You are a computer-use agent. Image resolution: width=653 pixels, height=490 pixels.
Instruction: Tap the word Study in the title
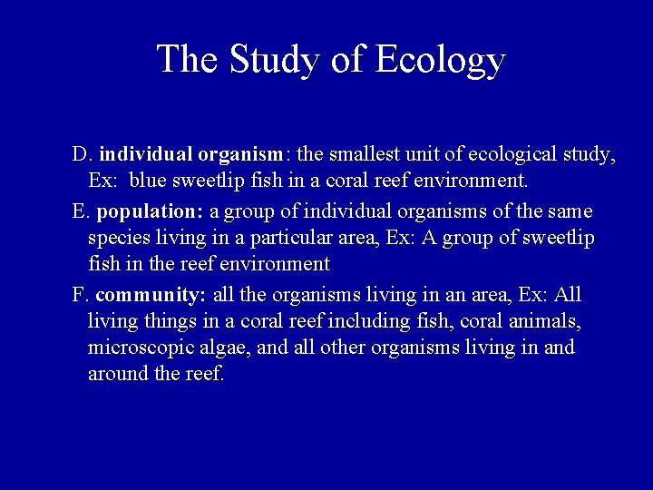coord(271,60)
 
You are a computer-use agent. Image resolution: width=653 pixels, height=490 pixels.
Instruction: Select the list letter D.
coord(81,155)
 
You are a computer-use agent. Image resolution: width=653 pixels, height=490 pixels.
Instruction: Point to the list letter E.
coord(80,212)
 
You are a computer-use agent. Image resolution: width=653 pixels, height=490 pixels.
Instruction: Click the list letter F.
coord(79,296)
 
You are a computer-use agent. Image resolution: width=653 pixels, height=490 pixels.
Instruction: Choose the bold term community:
coord(151,296)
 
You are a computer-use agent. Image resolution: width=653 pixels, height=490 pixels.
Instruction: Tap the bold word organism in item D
coord(238,155)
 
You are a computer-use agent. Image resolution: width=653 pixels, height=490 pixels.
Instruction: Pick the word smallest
coord(382,155)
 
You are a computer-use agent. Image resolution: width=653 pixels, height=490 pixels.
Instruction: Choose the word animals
coord(549,321)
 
